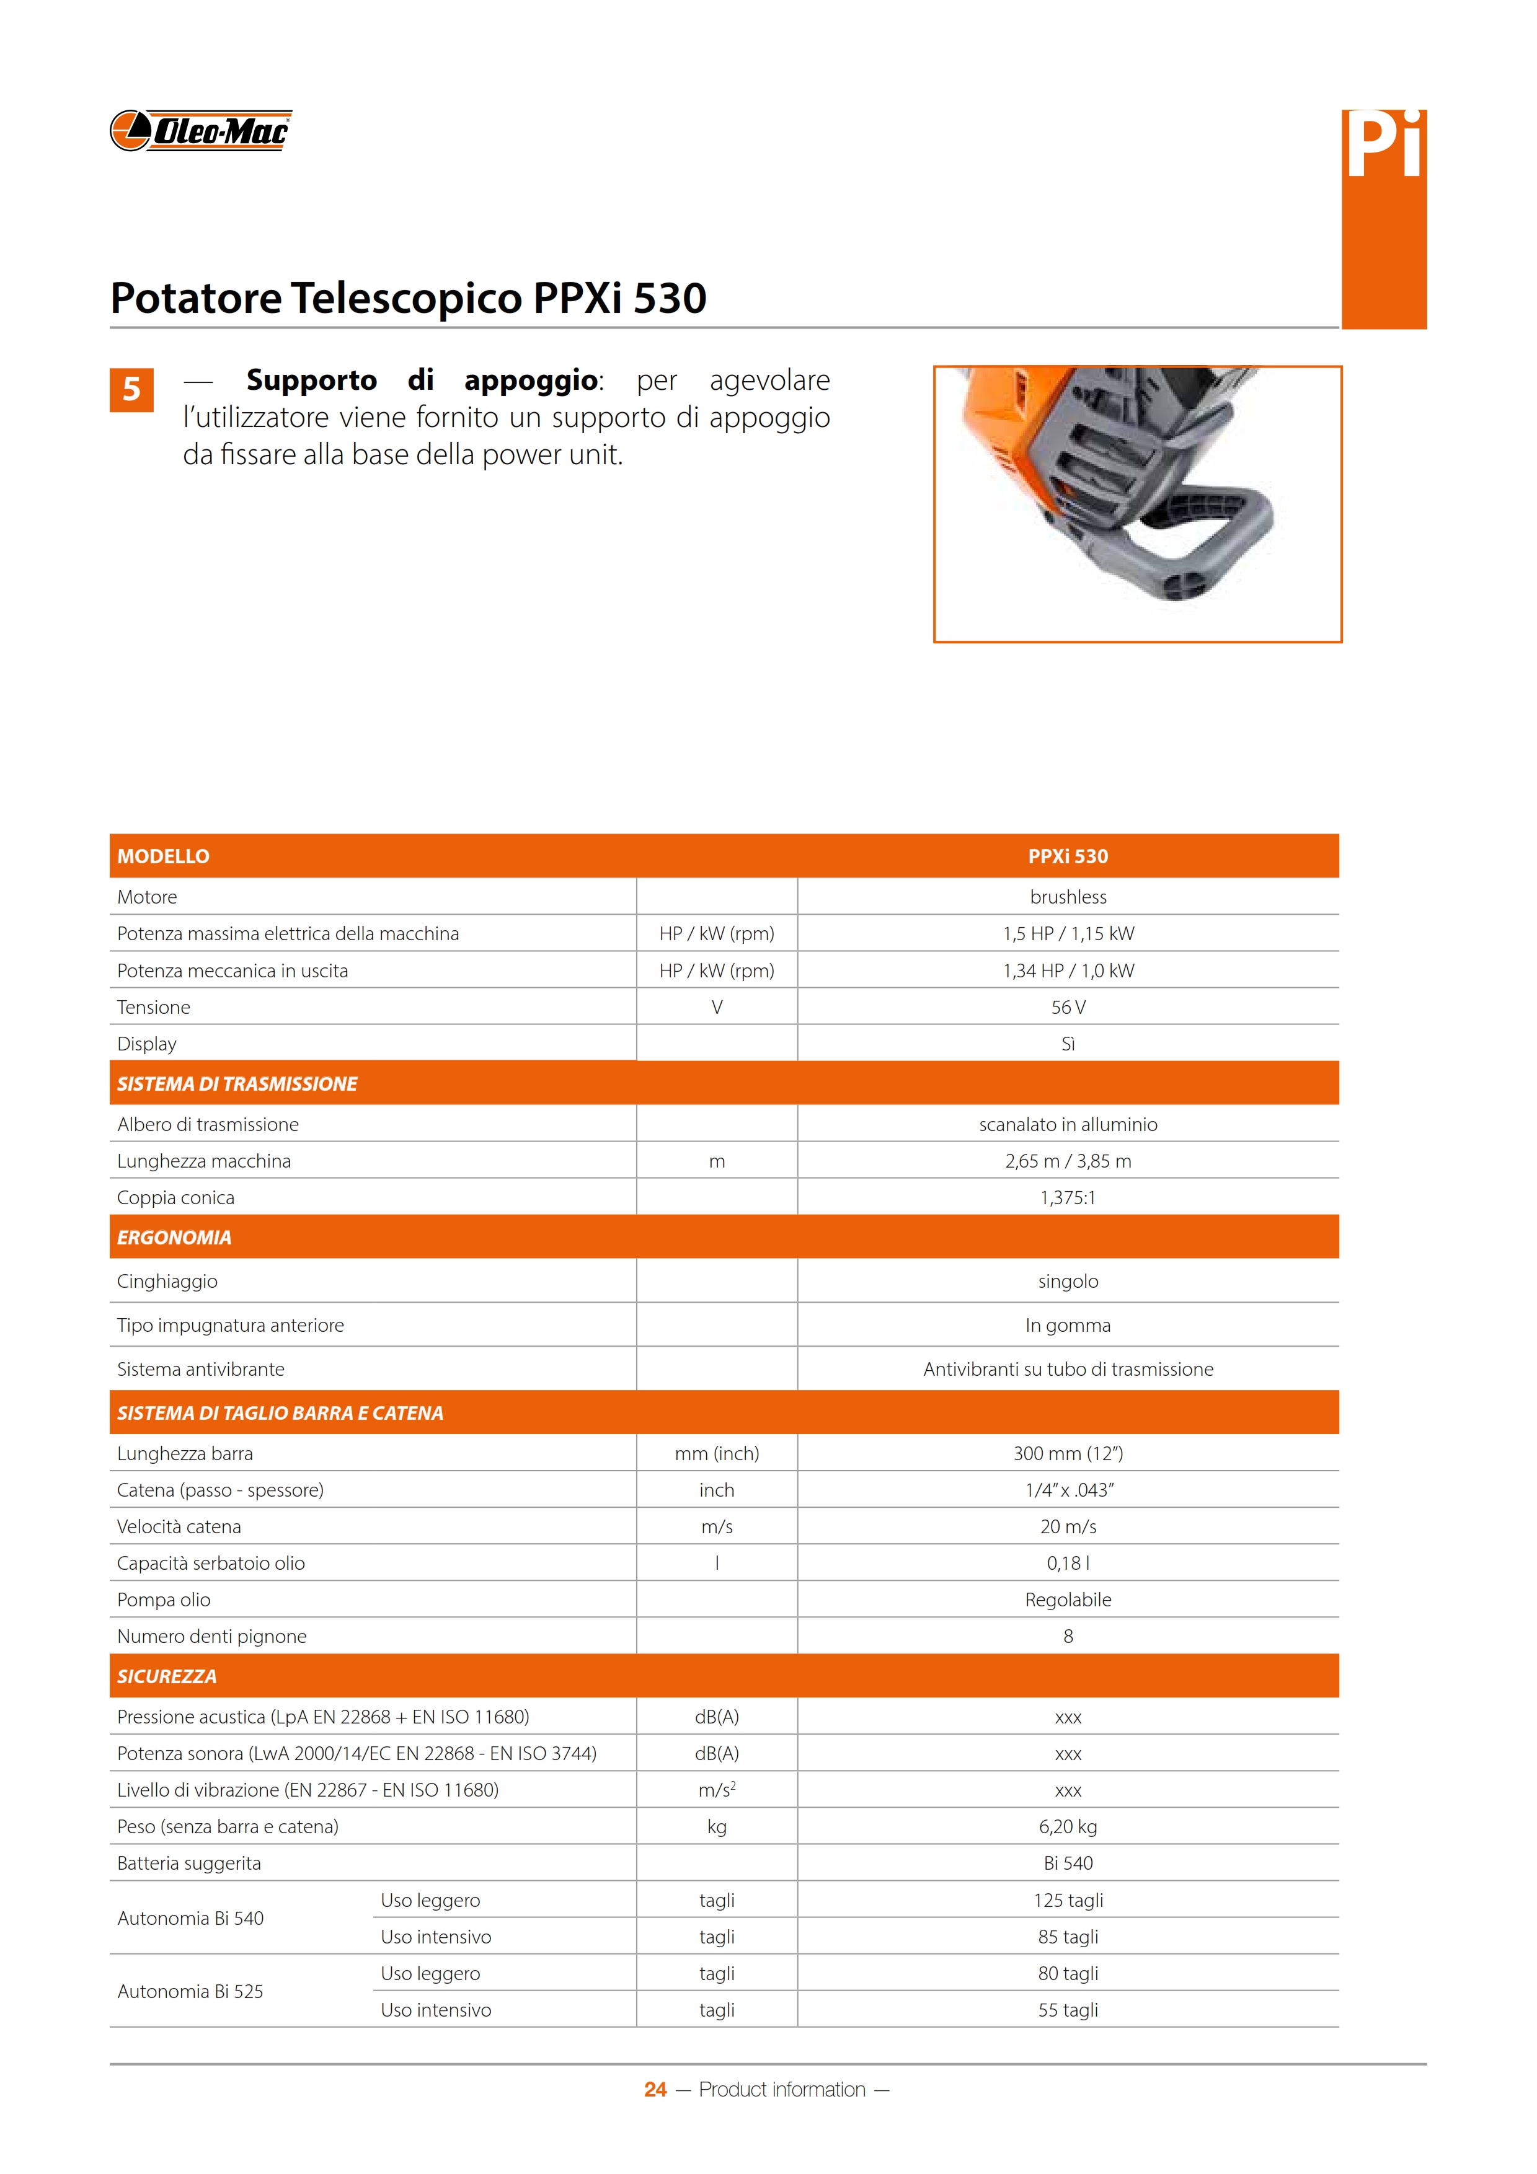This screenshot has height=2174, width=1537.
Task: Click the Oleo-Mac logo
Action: [200, 131]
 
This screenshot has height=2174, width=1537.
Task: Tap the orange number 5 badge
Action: [131, 389]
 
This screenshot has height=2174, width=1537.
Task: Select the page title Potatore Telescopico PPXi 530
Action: [408, 297]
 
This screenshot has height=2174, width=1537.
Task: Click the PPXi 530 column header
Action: [1067, 856]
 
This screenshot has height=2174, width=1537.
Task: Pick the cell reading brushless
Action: [1067, 897]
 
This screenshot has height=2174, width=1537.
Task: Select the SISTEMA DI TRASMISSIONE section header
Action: [237, 1083]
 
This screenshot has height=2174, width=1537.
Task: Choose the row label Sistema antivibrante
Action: [201, 1368]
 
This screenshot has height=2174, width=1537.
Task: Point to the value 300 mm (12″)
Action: [1067, 1453]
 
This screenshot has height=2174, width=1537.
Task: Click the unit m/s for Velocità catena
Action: [717, 1526]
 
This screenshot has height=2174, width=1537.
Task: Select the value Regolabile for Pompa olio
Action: [1067, 1600]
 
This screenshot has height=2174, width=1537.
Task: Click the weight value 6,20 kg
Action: [1067, 1826]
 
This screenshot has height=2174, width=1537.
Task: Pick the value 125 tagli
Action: [1067, 1899]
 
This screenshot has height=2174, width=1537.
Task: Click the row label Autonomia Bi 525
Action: [190, 1991]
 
